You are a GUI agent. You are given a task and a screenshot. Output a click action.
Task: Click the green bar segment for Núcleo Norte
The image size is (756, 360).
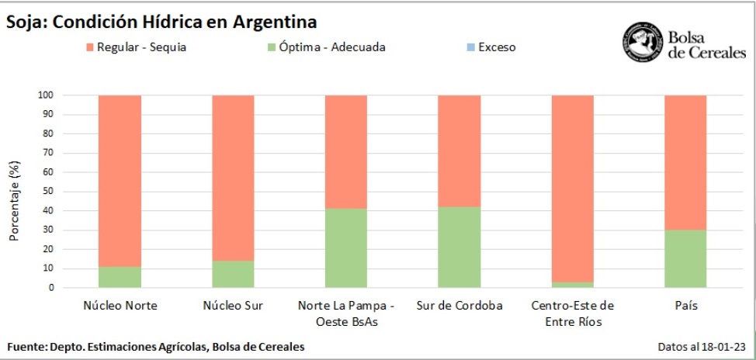[120, 277]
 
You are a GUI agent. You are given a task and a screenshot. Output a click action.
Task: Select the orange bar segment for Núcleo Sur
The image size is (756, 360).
[233, 178]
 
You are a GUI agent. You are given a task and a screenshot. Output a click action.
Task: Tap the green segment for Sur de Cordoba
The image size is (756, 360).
[459, 247]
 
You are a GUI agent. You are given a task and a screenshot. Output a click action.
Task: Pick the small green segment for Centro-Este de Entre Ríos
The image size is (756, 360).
[572, 285]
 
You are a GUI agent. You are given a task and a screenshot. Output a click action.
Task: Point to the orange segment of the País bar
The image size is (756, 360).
[685, 162]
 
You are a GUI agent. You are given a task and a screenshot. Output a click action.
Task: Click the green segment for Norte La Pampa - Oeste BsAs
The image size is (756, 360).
[345, 247]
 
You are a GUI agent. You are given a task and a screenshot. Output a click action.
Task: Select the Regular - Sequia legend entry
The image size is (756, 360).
[136, 47]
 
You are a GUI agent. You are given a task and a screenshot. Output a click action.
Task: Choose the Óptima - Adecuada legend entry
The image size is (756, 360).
[327, 47]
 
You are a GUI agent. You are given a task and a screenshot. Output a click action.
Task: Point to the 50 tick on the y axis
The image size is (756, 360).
[48, 192]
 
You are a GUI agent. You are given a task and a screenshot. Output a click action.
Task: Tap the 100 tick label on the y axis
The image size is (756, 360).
[46, 95]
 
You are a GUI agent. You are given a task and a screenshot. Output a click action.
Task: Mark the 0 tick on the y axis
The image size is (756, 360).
[51, 288]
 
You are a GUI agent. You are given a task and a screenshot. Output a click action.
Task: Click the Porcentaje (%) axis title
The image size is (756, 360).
[15, 202]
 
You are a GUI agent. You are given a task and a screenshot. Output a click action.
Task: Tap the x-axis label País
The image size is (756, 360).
[685, 306]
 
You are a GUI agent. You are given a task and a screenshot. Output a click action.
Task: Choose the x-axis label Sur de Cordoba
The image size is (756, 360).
[459, 306]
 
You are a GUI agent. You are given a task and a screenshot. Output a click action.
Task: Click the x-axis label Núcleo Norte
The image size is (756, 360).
[120, 306]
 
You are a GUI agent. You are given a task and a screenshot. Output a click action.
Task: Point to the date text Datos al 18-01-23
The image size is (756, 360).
[700, 346]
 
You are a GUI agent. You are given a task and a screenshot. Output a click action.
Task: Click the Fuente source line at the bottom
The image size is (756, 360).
[155, 346]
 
